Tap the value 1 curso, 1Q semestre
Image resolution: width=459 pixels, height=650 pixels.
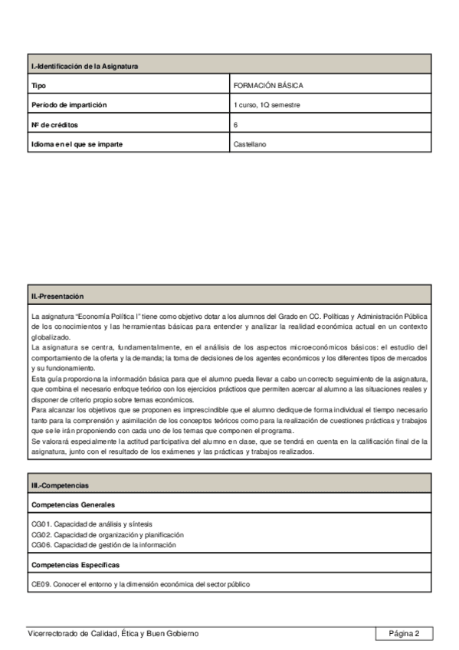click(267, 104)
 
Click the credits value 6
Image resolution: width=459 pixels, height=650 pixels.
click(236, 123)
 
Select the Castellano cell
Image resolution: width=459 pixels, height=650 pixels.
click(250, 143)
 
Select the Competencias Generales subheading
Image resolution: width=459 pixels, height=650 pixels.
click(74, 505)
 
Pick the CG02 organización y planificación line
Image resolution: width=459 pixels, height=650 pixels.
click(107, 534)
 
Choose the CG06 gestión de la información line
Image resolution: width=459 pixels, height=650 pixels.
click(103, 544)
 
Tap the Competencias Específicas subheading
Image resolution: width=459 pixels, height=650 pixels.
click(76, 564)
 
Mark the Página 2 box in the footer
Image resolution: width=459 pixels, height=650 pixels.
click(404, 633)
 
